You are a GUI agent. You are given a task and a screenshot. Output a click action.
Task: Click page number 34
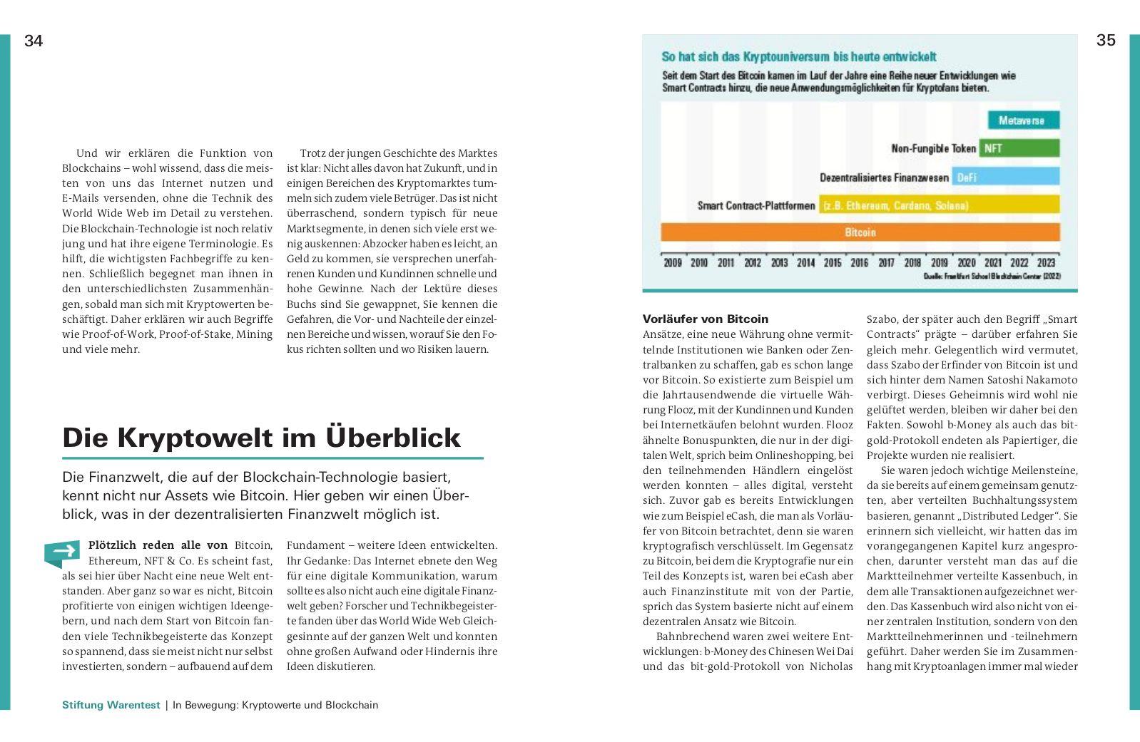pos(34,41)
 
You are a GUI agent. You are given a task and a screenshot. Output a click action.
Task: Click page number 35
pos(1105,41)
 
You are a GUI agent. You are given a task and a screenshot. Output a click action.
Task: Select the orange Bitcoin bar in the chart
pos(860,232)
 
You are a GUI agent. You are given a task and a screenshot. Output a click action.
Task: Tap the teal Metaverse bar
pos(1023,120)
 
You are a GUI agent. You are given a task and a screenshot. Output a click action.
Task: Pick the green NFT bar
pos(1019,148)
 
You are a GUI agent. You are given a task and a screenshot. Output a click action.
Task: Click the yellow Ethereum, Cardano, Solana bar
pos(939,205)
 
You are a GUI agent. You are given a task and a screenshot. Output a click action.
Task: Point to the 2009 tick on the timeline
pos(672,262)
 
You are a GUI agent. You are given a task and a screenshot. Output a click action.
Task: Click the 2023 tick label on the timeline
pos(1046,262)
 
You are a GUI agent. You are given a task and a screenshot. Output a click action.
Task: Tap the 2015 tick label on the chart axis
pos(833,262)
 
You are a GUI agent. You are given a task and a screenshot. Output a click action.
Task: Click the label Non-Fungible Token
pos(933,148)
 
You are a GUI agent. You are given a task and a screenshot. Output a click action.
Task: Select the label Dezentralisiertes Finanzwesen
pos(884,177)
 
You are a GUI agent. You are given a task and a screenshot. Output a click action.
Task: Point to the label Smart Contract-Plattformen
pos(756,205)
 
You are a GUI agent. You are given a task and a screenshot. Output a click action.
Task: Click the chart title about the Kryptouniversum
pos(799,56)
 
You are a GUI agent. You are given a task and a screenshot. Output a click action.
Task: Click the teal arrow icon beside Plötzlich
pos(62,552)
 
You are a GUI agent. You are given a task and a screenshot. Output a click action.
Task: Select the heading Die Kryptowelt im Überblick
pos(261,437)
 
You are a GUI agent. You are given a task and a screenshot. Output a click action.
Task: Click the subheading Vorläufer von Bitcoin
pos(705,319)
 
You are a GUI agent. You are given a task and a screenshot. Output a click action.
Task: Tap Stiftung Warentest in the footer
pos(111,705)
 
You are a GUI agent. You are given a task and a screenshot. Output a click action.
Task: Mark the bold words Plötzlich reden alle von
pos(158,545)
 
